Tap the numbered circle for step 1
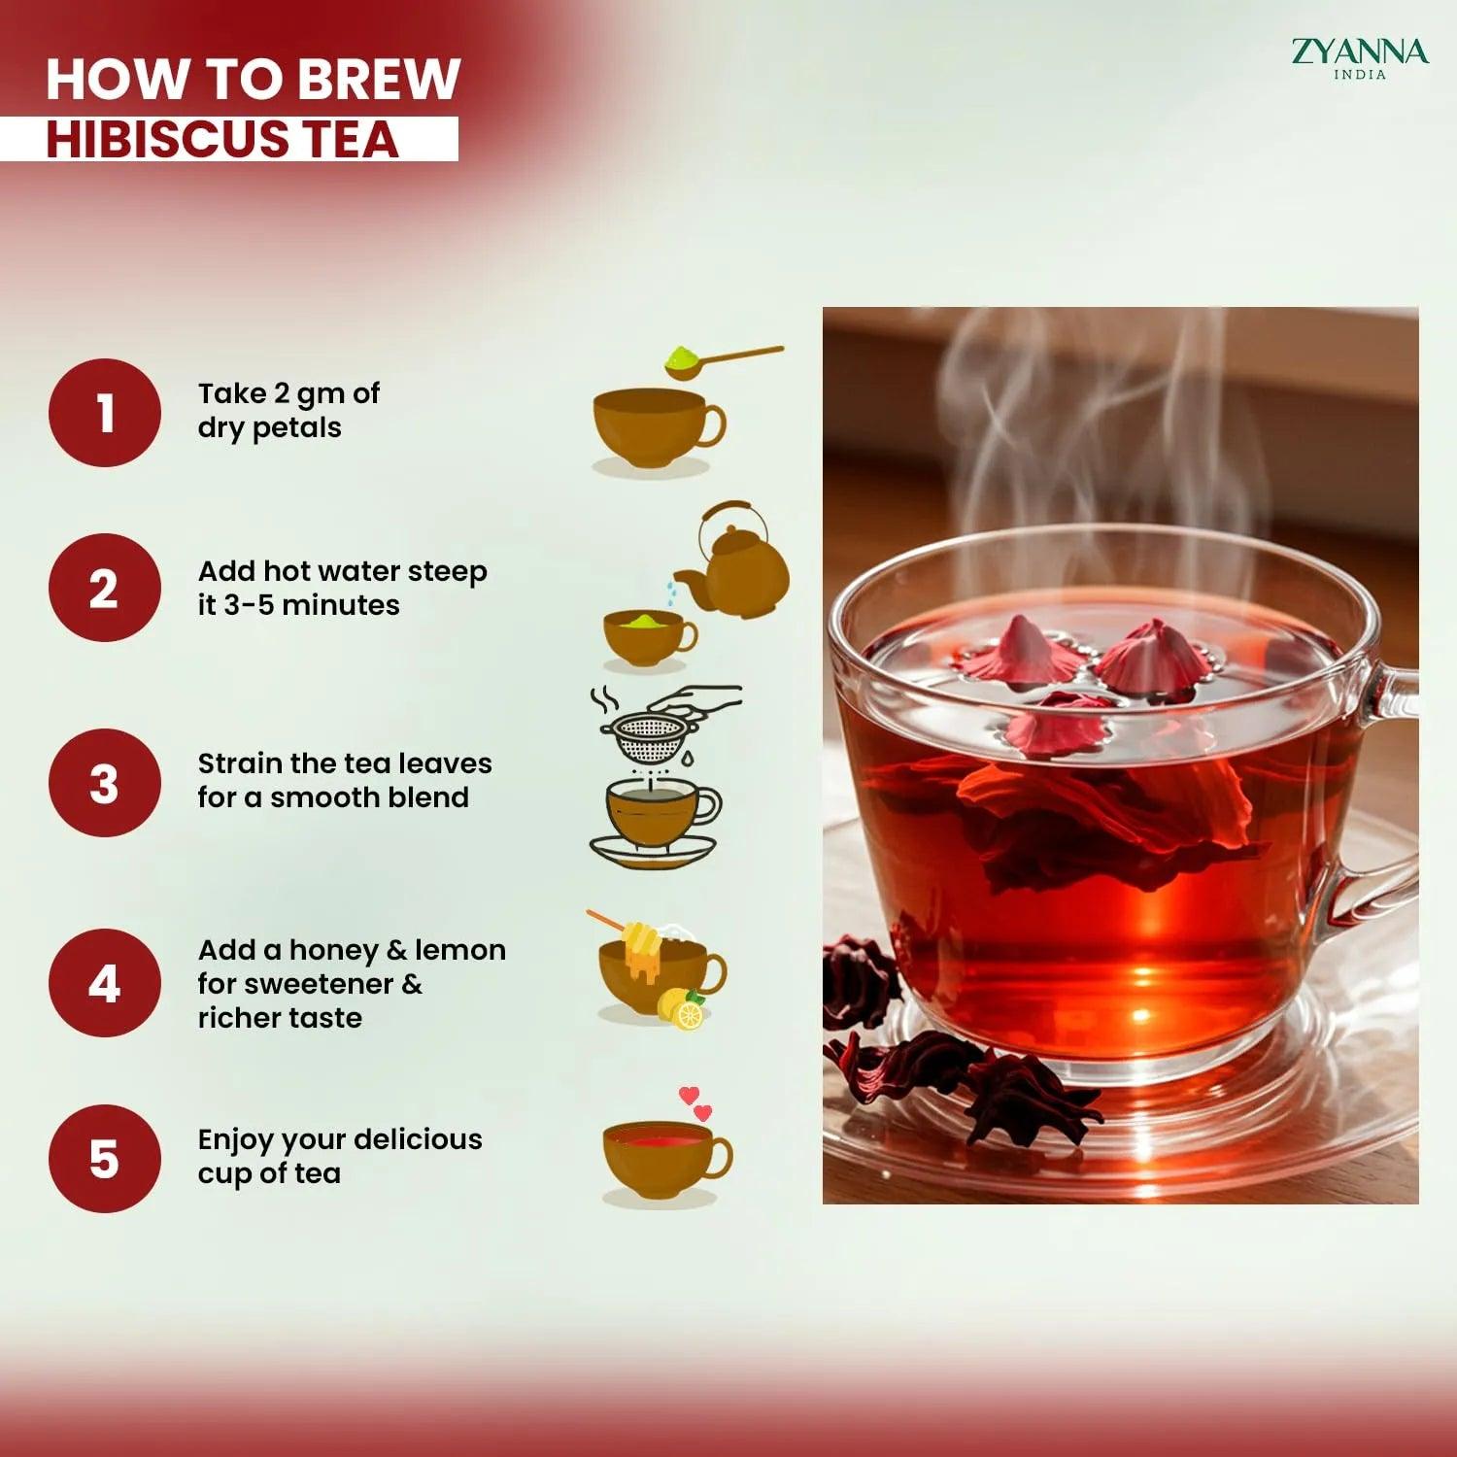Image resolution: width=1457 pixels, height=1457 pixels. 105,413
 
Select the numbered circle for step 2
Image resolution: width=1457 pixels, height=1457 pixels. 105,588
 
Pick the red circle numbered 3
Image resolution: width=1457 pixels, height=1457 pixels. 105,783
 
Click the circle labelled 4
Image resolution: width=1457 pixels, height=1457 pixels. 105,983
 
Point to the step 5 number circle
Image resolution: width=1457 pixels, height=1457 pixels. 105,1159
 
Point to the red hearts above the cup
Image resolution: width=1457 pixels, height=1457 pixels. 695,1103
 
